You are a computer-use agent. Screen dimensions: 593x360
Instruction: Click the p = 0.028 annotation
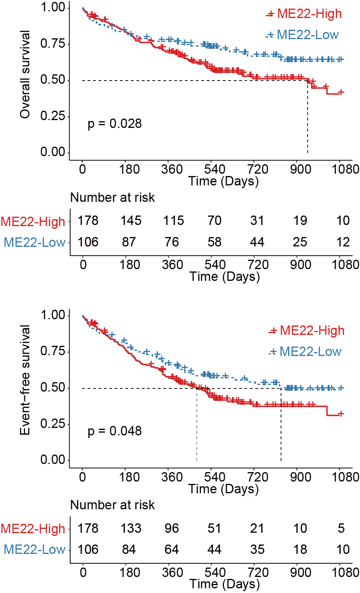pyautogui.click(x=115, y=124)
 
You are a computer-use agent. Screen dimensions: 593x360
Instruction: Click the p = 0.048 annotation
pyautogui.click(x=115, y=431)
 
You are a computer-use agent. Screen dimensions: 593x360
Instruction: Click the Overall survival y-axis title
pyautogui.click(x=25, y=75)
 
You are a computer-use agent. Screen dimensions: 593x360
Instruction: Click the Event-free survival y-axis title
pyautogui.click(x=25, y=380)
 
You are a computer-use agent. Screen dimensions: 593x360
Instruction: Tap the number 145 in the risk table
pyautogui.click(x=131, y=221)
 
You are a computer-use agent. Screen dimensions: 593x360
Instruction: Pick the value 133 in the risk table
pyautogui.click(x=131, y=528)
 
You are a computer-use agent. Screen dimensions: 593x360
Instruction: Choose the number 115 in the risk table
pyautogui.click(x=173, y=221)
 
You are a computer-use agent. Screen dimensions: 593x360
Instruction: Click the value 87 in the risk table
pyautogui.click(x=129, y=242)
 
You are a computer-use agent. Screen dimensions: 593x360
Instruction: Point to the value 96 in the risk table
pyautogui.click(x=172, y=528)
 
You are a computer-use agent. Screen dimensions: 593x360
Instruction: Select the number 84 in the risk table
pyautogui.click(x=129, y=549)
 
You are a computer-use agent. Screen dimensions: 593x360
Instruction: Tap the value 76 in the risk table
pyautogui.click(x=172, y=242)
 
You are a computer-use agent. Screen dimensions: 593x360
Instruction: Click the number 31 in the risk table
pyautogui.click(x=257, y=221)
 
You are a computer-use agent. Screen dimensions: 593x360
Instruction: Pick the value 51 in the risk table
pyautogui.click(x=214, y=528)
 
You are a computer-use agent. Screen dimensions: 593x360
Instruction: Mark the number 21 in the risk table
pyautogui.click(x=257, y=528)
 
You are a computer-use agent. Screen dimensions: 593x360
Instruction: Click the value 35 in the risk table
pyautogui.click(x=257, y=549)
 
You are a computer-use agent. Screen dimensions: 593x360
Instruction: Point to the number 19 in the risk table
pyautogui.click(x=300, y=221)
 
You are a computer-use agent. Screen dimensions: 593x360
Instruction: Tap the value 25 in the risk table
pyautogui.click(x=300, y=242)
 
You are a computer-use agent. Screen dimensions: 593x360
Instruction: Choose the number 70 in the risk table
pyautogui.click(x=214, y=221)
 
